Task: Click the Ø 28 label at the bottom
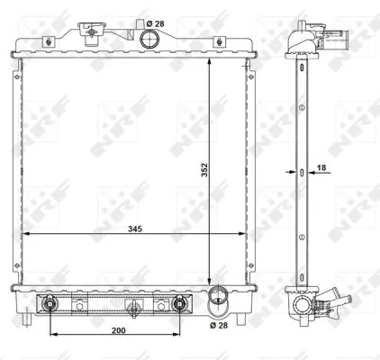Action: [x=219, y=327]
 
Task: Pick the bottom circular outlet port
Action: [x=218, y=296]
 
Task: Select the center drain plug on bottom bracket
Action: [x=133, y=309]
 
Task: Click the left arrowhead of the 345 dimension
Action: [x=23, y=233]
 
